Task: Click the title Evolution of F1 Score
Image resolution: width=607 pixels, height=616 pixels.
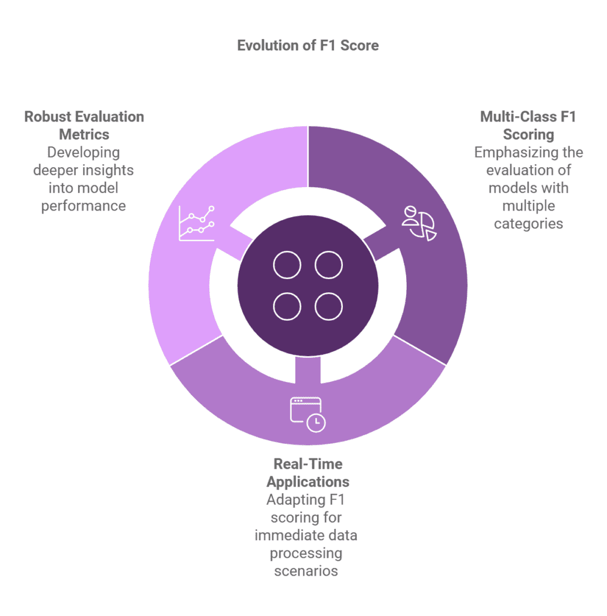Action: pos(307,46)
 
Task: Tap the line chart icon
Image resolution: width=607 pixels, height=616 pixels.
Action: pos(196,223)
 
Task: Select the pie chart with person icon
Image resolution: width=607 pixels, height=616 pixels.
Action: pos(419,223)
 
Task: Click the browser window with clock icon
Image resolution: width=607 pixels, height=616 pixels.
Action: pos(307,414)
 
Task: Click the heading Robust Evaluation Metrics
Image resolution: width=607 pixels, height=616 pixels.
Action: pos(84,125)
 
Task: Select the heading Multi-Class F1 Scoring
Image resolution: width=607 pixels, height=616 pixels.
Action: pos(528,125)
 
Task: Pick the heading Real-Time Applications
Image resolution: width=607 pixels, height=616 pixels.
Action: pos(307,473)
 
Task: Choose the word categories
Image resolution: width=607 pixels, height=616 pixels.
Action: pos(528,224)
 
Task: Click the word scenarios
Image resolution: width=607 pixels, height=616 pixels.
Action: pos(306,570)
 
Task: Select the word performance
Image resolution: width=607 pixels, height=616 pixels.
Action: pos(84,206)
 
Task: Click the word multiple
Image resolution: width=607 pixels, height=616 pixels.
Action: pos(528,206)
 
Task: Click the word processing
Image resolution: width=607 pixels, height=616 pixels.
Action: pos(306,552)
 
